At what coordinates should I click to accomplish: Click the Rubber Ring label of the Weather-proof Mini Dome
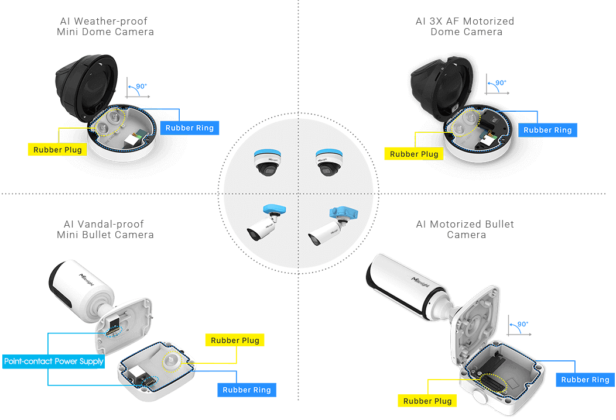point(190,128)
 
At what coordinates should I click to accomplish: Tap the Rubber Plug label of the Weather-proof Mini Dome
point(57,150)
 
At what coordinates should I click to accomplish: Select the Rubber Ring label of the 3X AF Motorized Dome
point(547,130)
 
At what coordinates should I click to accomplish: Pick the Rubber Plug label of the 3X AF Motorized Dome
point(414,154)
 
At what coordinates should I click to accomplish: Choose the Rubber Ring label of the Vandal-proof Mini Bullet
point(247,390)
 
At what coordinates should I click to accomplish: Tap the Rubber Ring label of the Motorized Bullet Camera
point(585,380)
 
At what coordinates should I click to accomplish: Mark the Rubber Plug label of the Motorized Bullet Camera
point(427,401)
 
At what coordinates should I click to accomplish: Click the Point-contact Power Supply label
point(54,361)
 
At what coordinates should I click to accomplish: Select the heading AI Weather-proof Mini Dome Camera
point(105,26)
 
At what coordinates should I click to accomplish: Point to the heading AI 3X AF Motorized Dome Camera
point(466,26)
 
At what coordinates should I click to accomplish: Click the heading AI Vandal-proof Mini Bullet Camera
point(105,229)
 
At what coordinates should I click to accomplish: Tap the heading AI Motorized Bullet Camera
point(466,229)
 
